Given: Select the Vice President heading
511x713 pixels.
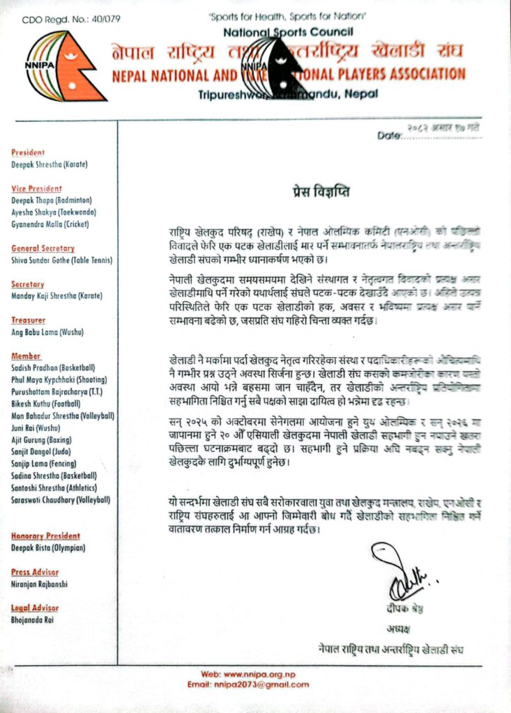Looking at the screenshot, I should pos(37,189).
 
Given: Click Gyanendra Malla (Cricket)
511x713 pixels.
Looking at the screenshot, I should pos(50,224).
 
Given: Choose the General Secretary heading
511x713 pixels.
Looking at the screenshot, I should pos(43,249).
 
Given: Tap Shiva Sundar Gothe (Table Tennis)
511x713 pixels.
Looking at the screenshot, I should pos(62,260).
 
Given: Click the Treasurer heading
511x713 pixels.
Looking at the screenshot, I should pos(29,320).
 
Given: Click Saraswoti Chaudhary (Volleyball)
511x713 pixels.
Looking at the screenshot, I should pos(61,499).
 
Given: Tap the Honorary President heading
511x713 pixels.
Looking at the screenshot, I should pos(46,536).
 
